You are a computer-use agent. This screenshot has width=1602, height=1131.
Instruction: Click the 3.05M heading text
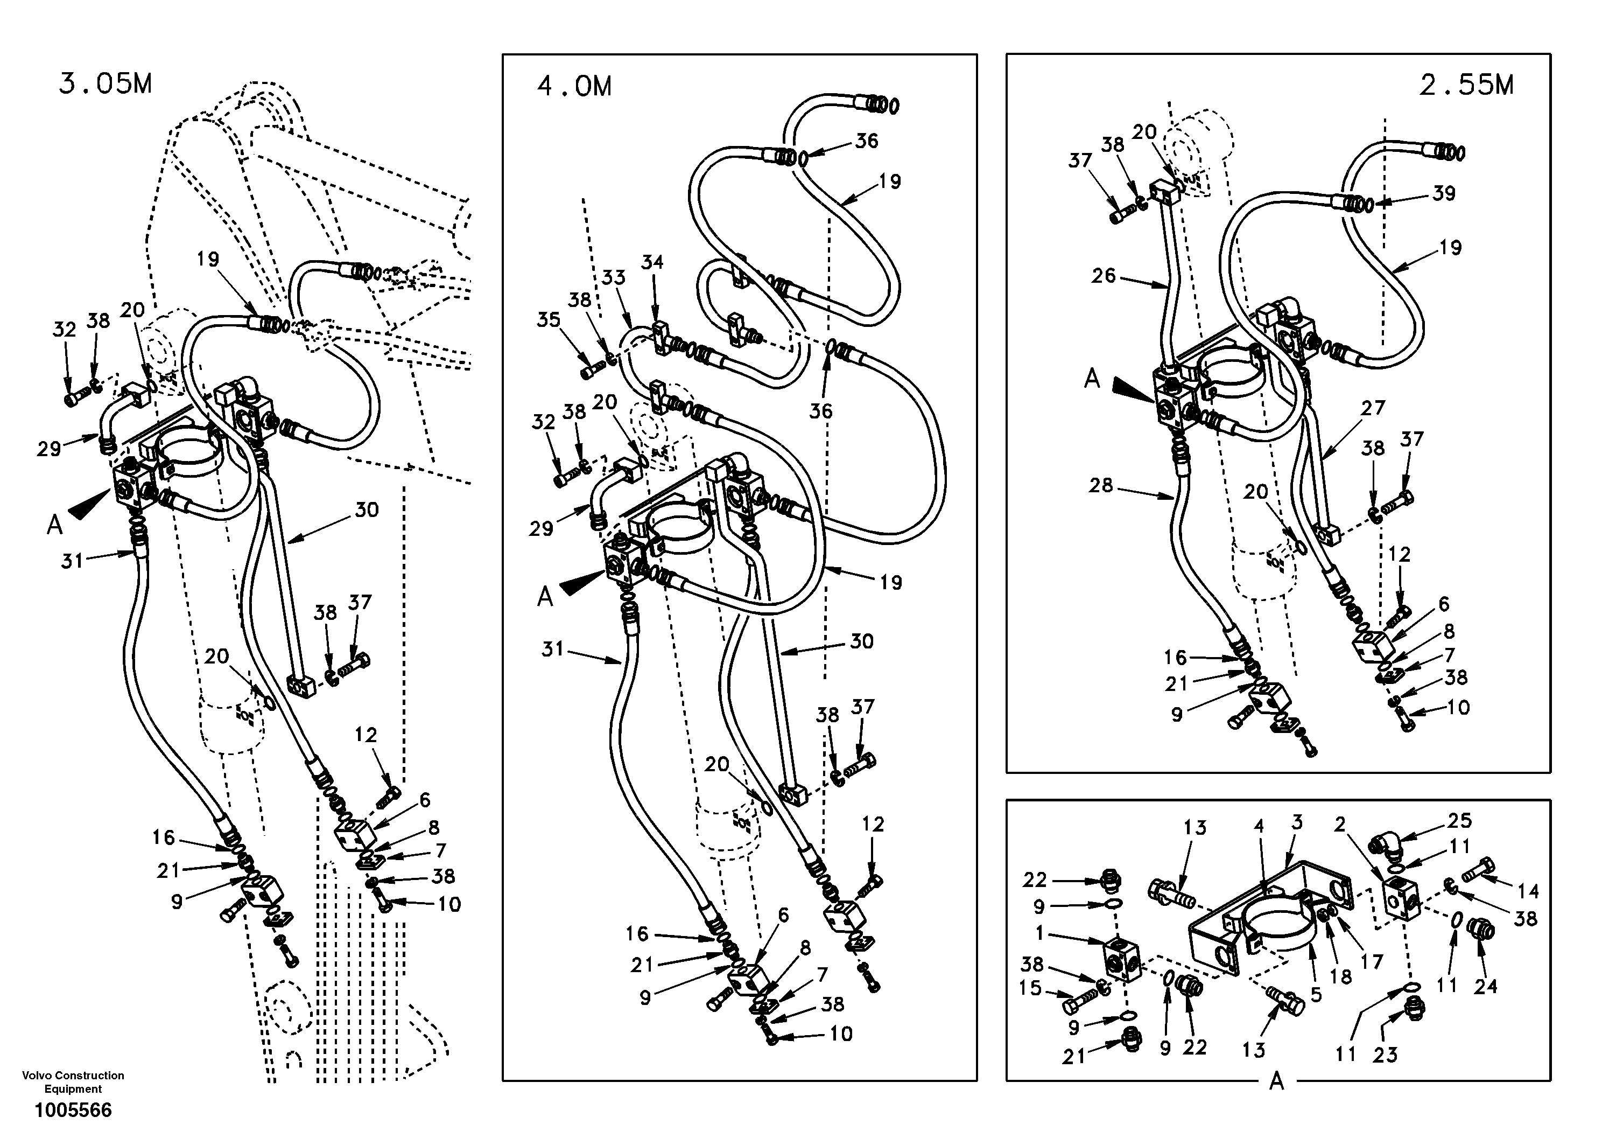(x=106, y=85)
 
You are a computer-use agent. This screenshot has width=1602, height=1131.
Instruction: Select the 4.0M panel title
(x=574, y=87)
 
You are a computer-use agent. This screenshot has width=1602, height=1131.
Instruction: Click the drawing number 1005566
(x=73, y=1110)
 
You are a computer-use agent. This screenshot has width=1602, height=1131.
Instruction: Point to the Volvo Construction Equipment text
(x=73, y=1082)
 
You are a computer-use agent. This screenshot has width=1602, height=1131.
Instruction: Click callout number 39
(x=1444, y=193)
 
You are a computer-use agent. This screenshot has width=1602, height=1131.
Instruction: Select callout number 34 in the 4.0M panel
(x=652, y=262)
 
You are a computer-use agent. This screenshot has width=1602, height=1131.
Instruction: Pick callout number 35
(x=549, y=320)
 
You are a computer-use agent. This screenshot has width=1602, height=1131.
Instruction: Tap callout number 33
(x=613, y=278)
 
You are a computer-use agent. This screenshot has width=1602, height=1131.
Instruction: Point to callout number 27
(x=1373, y=408)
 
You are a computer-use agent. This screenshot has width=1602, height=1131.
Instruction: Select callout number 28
(x=1101, y=485)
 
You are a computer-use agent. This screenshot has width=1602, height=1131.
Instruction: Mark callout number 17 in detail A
(x=1372, y=962)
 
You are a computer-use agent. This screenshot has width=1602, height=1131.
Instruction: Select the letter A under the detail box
(x=1276, y=1081)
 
